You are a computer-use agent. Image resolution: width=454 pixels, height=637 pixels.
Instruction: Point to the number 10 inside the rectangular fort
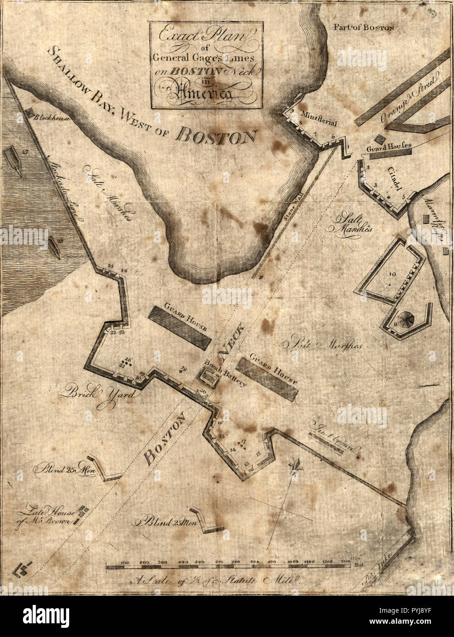(392, 275)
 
